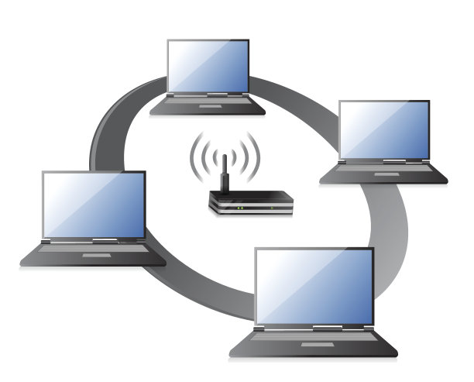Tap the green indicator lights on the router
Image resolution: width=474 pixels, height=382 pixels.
pos(241,207)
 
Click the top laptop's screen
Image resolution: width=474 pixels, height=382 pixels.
pos(208,67)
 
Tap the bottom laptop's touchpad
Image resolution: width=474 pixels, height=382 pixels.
pos(314,346)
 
